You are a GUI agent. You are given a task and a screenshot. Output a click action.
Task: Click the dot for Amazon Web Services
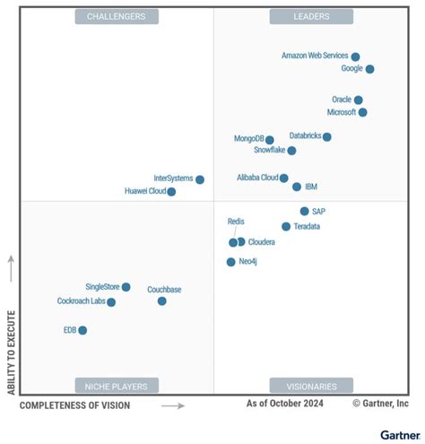[x=355, y=57]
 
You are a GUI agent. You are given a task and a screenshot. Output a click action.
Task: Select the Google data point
[x=369, y=69]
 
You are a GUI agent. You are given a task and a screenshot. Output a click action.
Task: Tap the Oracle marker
[x=358, y=100]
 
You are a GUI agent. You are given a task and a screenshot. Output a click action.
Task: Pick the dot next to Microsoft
[x=362, y=113]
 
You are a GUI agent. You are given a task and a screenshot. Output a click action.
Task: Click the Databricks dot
[x=327, y=137]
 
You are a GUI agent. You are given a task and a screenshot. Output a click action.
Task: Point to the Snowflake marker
[x=292, y=151]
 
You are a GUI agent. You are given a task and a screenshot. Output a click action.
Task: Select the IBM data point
[x=297, y=187]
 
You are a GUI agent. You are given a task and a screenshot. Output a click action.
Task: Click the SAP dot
[x=304, y=212]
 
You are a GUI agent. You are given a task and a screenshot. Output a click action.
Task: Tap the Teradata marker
[x=286, y=227]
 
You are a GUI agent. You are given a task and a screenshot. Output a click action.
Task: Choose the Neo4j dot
[x=230, y=262]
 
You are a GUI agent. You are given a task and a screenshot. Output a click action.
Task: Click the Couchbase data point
[x=162, y=301]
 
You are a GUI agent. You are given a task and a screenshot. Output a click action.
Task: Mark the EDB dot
[x=82, y=330]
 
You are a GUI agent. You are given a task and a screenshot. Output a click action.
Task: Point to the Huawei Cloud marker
[x=171, y=192]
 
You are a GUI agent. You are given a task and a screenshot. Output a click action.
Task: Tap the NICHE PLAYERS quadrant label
[x=117, y=386]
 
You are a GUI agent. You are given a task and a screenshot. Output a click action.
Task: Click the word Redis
[x=236, y=222]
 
